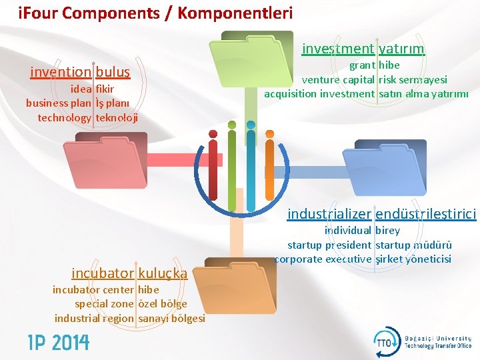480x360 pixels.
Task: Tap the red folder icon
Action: (111, 161)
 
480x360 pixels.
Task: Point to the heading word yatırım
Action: (401, 49)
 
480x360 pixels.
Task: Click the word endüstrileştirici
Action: (426, 214)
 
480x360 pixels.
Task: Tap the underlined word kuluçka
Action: (163, 273)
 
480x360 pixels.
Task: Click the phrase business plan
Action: (59, 103)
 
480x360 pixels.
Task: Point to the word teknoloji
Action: (117, 117)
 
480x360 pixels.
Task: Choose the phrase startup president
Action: (329, 245)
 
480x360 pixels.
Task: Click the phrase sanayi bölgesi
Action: (171, 319)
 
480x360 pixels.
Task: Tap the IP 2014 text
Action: (58, 343)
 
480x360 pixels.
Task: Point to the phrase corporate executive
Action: (323, 259)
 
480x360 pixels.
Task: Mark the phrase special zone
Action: (104, 304)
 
